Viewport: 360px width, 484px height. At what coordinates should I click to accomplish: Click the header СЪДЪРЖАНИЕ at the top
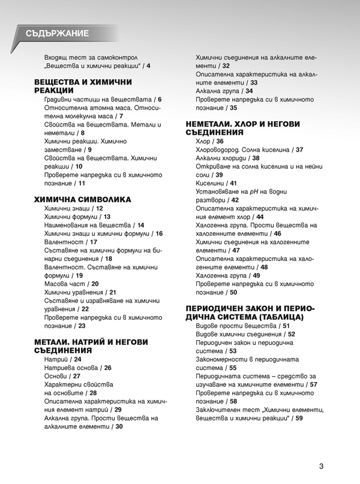58,33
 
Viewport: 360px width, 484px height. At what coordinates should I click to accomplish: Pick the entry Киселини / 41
217,183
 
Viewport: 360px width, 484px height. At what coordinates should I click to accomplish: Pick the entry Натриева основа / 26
77,368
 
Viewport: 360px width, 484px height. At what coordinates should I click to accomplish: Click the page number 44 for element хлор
259,217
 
